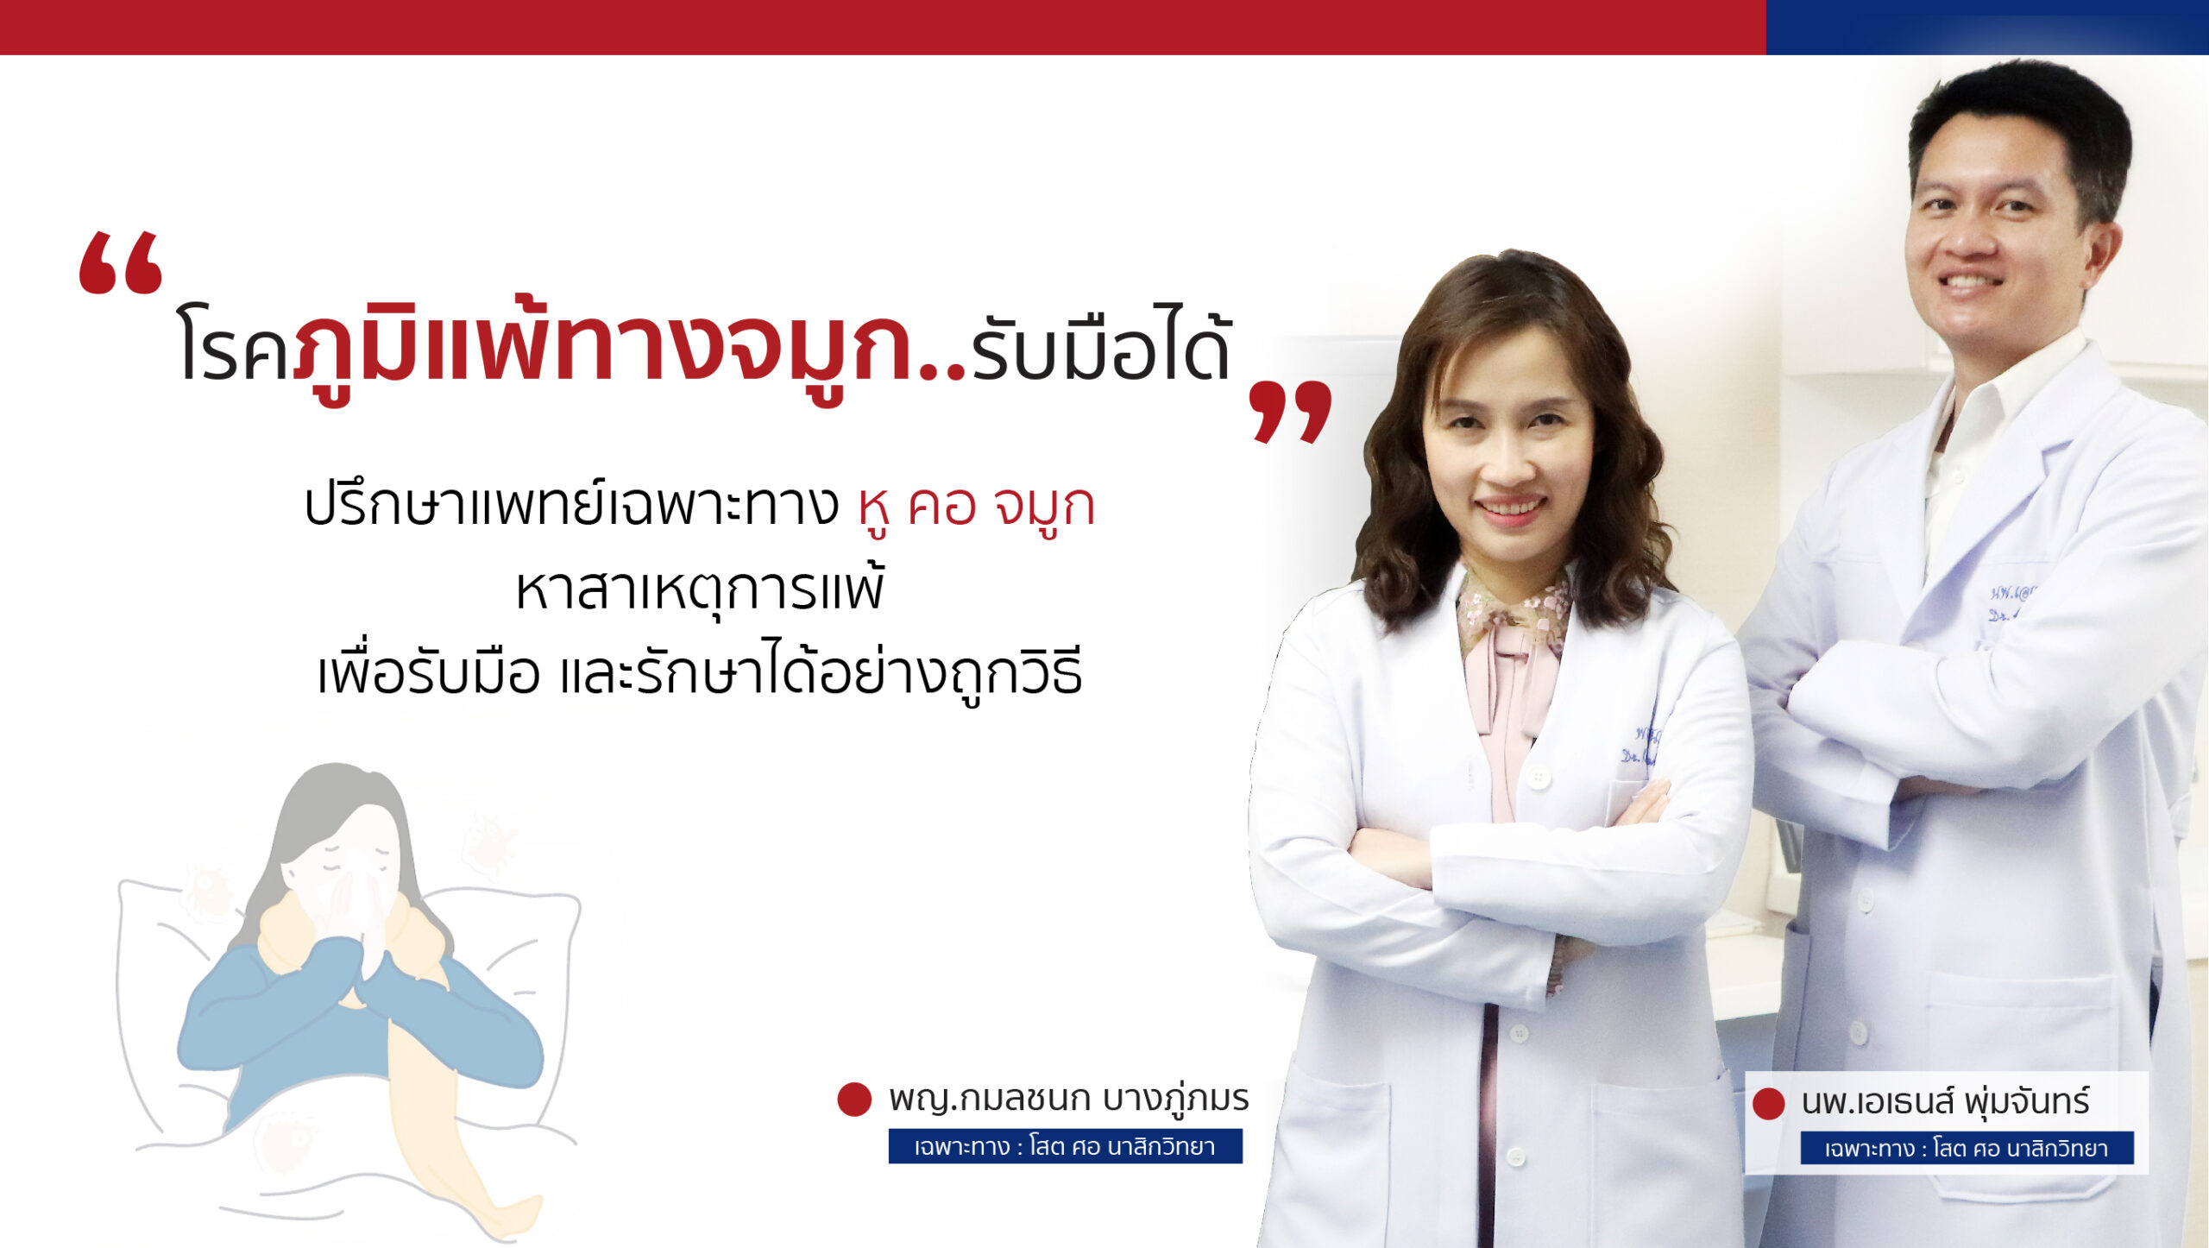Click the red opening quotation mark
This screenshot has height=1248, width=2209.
120,263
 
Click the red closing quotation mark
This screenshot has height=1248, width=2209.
1290,412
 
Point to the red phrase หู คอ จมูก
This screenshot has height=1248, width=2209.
976,507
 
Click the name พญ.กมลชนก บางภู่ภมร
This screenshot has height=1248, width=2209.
1068,1099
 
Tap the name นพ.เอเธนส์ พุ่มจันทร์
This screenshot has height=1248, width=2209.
1945,1102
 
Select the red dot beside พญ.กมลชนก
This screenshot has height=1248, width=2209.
854,1100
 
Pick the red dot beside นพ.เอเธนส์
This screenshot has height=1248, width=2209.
1768,1104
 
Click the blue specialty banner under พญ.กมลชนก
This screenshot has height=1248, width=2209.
1065,1146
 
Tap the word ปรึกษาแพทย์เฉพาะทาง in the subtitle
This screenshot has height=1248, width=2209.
570,507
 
